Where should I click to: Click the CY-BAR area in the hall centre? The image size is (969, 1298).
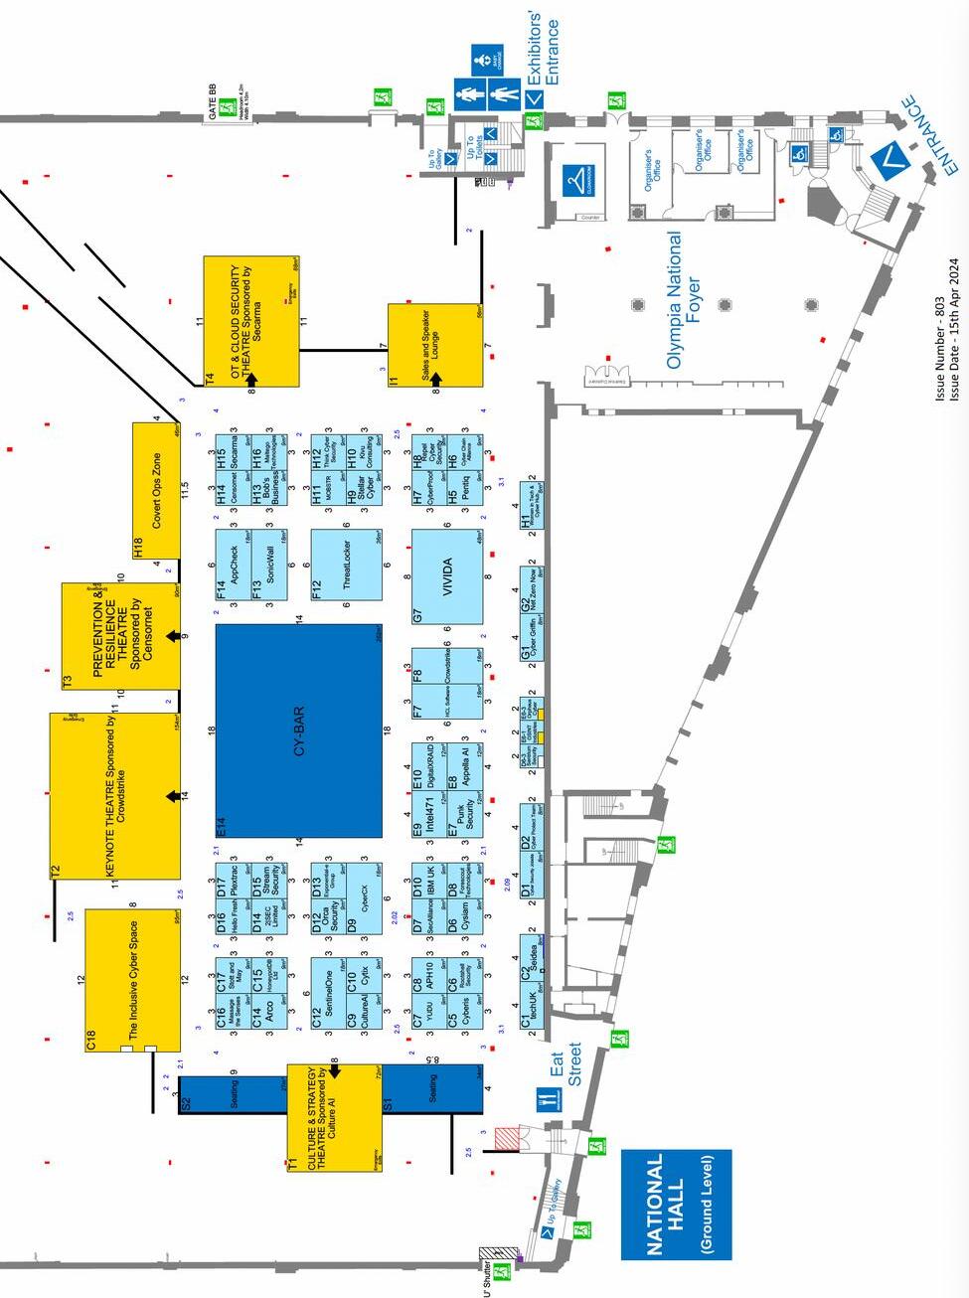click(298, 731)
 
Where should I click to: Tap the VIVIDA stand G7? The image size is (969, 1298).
click(448, 576)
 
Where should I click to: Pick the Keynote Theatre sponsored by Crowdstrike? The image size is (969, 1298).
click(115, 795)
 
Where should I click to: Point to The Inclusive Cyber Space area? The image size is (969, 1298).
click(132, 979)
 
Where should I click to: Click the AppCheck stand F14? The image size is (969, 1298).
click(234, 564)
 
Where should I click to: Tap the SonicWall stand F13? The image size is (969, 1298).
click(268, 564)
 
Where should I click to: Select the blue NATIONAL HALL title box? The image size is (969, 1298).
click(676, 1204)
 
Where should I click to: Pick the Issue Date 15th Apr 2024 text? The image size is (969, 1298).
click(955, 329)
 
